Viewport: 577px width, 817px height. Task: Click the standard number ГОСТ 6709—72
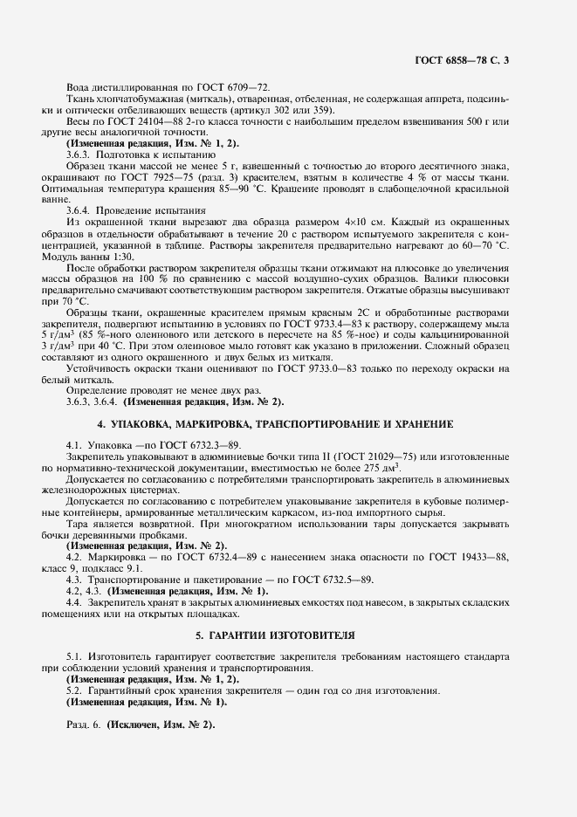236,87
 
